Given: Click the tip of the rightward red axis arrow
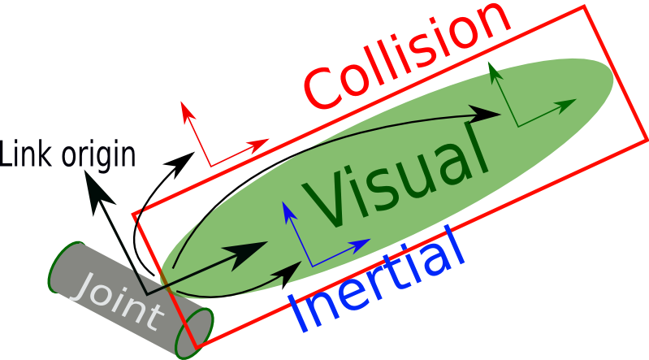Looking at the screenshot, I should tap(268, 141).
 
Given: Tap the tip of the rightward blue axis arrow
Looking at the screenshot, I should tap(370, 241).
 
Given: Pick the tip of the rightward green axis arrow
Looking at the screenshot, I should tap(576, 101).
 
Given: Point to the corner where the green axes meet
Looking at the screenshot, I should tap(517, 126).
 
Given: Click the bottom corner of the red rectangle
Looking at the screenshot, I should tap(196, 347).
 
